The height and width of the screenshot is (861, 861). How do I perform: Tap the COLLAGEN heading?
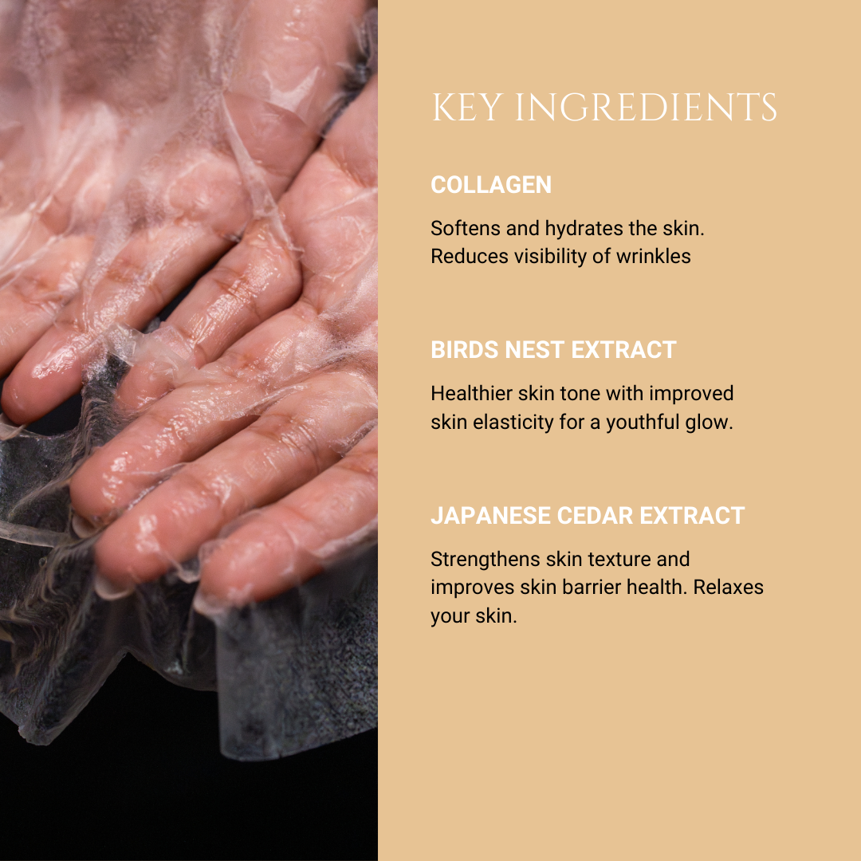tap(491, 185)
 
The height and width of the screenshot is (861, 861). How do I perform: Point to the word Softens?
tap(465, 228)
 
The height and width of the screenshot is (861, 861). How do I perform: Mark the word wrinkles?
tap(653, 257)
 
